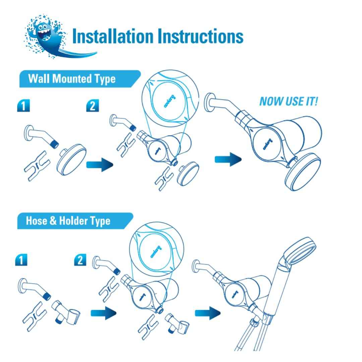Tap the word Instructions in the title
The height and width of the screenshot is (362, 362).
(200, 36)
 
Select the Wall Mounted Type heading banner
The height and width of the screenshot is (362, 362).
(80, 79)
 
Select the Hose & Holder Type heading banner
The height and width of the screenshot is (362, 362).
(75, 221)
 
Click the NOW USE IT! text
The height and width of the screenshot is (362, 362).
(289, 101)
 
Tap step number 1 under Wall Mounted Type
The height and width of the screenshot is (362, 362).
(23, 106)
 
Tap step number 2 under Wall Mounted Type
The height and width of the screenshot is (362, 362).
(93, 106)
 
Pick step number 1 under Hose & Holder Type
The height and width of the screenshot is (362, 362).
(21, 260)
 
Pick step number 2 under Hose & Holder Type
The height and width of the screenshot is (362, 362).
(80, 260)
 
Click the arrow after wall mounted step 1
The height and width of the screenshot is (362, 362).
(100, 165)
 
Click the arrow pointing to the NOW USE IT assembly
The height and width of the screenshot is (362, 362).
(228, 159)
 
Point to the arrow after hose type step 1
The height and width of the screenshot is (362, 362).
(104, 313)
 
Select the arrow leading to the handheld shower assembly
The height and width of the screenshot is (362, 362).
(208, 313)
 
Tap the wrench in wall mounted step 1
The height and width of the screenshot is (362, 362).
(37, 166)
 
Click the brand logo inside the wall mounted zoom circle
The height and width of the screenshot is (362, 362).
(170, 101)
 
